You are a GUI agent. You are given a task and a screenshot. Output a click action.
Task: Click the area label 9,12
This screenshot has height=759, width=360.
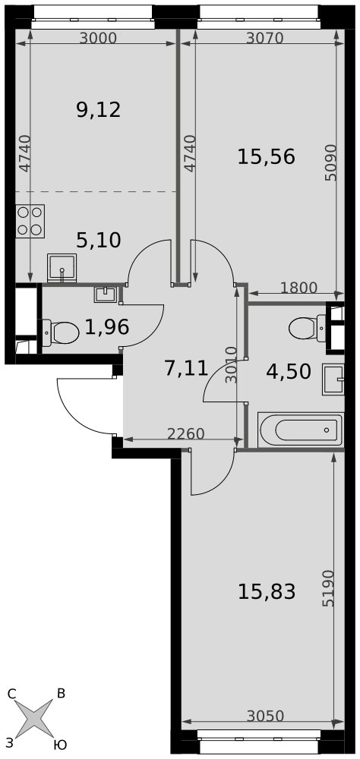(x=99, y=110)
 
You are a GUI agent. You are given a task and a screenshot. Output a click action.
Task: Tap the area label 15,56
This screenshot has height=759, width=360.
(x=266, y=157)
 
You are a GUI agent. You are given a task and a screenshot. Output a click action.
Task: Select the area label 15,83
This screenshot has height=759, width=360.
(x=267, y=591)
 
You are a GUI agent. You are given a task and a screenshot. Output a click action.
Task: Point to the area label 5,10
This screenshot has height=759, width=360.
(x=99, y=240)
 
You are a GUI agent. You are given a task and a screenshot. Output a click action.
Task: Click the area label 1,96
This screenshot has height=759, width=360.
(x=106, y=328)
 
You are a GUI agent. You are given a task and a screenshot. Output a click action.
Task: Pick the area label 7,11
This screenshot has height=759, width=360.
(x=186, y=369)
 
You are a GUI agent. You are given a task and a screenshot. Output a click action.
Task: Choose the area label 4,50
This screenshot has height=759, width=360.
(x=289, y=372)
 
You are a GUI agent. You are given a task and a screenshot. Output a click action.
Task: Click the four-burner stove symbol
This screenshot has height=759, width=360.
(x=30, y=221)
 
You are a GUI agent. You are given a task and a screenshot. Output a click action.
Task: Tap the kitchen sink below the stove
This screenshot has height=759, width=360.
(x=62, y=267)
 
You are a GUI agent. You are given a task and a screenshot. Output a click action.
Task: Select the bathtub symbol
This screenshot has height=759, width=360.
(x=301, y=430)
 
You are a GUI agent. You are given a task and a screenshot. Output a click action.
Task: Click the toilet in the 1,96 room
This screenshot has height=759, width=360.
(x=60, y=333)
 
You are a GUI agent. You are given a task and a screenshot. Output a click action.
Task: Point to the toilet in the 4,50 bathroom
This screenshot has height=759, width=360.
(x=308, y=328)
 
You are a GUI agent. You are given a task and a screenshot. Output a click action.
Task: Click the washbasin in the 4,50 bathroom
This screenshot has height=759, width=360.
(x=333, y=379)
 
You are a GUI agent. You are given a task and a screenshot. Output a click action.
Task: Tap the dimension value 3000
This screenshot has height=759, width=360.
(x=99, y=38)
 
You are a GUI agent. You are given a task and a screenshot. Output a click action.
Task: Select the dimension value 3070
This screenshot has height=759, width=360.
(x=264, y=38)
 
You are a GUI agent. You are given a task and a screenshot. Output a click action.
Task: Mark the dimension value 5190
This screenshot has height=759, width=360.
(x=329, y=588)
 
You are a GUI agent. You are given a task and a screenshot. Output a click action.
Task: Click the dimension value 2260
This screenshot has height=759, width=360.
(x=186, y=433)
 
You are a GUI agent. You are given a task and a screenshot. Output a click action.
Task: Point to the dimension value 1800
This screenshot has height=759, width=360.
(x=299, y=288)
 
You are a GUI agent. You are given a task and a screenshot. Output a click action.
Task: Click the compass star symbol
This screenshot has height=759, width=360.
(x=33, y=718)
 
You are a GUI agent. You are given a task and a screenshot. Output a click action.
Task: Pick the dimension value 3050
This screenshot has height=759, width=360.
(x=265, y=716)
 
